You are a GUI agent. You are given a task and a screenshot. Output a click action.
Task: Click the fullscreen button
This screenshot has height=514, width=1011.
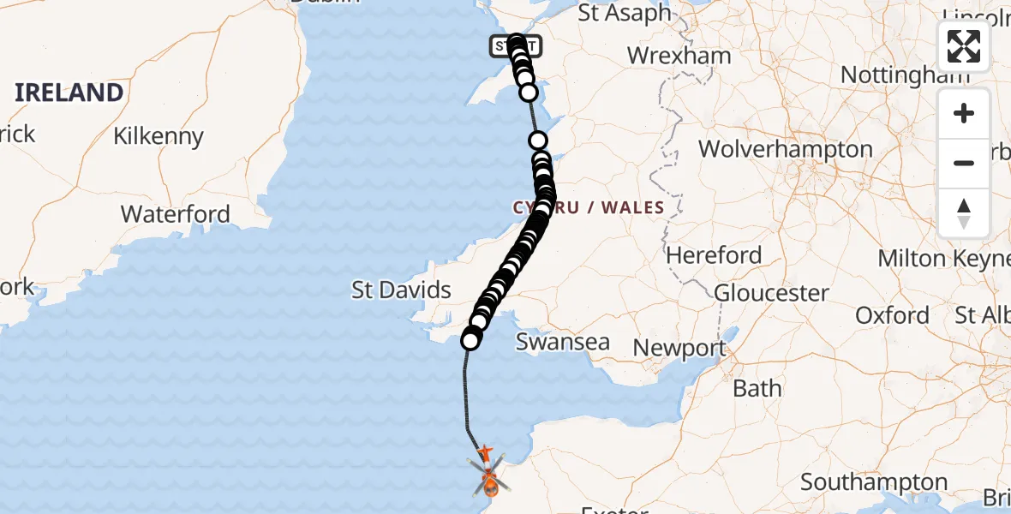pos(964,46)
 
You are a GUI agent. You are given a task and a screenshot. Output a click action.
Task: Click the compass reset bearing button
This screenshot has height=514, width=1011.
pos(964,213)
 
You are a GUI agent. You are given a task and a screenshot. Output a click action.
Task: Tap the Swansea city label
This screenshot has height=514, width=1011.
pos(563,342)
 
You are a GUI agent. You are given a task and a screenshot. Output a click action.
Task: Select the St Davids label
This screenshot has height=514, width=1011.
pos(401,290)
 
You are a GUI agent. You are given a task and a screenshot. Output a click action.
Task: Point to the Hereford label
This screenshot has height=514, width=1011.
pos(714,255)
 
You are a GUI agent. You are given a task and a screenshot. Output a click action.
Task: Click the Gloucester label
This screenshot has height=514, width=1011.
pos(771,293)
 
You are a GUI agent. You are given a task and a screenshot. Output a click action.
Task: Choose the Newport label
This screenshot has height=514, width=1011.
pos(679,349)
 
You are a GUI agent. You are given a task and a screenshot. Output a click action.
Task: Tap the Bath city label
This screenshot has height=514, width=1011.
pos(757,388)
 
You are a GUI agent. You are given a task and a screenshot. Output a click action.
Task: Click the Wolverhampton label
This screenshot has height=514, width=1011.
pos(785,149)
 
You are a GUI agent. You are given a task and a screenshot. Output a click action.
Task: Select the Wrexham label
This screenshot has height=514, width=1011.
pos(679,56)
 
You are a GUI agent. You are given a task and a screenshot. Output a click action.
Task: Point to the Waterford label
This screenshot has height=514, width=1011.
pos(176,213)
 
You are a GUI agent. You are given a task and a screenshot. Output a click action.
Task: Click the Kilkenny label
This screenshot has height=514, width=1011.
pos(159,136)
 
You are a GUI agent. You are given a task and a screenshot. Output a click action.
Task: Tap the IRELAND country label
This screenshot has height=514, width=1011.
pos(69,92)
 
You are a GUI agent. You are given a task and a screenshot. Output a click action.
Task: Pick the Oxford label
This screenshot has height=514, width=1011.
pos(892,315)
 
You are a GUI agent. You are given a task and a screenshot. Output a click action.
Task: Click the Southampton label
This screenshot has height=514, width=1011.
pos(874,482)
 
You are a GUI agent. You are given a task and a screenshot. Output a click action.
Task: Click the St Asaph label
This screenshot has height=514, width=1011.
pos(625,13)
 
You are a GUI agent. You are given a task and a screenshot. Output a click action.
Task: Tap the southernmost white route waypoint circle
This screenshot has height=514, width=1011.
pos(470,341)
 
